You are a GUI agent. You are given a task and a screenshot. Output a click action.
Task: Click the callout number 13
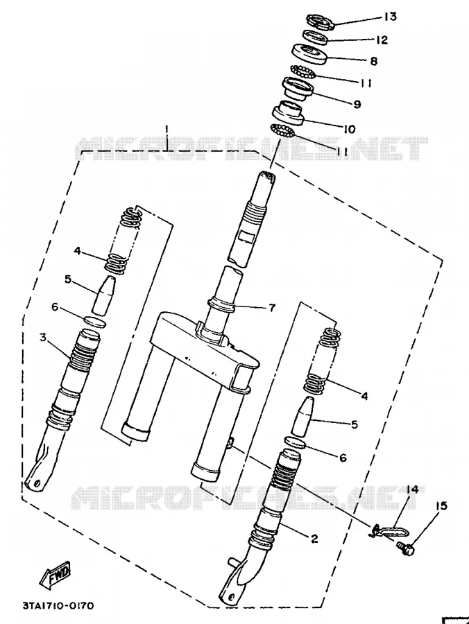point(390,17)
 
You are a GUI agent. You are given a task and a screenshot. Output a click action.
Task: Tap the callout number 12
point(382,40)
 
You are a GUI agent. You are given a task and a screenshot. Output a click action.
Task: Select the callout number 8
point(373,61)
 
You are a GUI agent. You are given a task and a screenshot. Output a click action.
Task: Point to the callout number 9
point(357,104)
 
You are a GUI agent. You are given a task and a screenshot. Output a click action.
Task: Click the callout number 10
point(349,130)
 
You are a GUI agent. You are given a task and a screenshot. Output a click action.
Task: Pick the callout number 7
point(272,307)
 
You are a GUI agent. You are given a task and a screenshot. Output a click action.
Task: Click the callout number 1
point(167,130)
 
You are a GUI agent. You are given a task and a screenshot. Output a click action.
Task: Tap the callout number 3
point(43,338)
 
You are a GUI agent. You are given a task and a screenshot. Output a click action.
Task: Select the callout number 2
point(314,539)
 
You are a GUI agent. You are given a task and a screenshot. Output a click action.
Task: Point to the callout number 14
point(412,489)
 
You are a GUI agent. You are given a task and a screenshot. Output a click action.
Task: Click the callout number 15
point(441,506)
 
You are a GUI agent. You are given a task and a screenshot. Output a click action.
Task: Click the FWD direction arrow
point(56,574)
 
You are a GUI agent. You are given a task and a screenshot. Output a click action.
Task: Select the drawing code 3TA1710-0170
point(58,606)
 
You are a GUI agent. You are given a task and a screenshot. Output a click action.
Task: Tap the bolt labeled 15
point(405,550)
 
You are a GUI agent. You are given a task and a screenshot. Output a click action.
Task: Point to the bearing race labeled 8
point(309,53)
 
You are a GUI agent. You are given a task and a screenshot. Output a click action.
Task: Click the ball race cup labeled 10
point(288,113)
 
